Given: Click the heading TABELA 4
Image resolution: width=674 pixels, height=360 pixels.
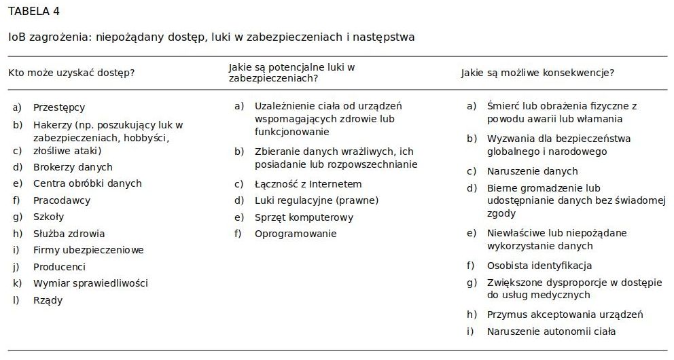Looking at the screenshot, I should coord(34,12).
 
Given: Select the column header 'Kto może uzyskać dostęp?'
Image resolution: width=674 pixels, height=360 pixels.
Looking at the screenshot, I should coord(71,73).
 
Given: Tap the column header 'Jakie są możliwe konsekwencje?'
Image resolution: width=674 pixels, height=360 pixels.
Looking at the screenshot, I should coord(537,73).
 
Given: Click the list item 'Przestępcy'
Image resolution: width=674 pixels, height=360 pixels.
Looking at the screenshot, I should coord(59,107).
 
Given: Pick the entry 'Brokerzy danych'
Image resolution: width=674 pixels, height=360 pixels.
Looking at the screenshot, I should coord(73,167).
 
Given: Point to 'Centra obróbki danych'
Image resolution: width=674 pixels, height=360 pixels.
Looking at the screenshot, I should coord(87,183).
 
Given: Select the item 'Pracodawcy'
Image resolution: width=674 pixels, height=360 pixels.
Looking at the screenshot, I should coord(62,200).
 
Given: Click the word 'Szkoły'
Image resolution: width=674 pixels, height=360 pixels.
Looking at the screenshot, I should coord(49,217).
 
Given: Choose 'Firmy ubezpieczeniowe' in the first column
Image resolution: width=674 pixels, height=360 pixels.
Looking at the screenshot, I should coord(88,250).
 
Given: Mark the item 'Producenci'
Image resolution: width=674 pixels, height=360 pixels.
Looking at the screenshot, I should coord(59,267).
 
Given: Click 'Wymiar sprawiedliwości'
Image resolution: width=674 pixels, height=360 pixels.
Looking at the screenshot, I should coord(90,283).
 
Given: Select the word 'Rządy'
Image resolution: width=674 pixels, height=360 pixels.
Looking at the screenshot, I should coord(48,300).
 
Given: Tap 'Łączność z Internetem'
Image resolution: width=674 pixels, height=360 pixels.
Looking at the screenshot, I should coord(308,184).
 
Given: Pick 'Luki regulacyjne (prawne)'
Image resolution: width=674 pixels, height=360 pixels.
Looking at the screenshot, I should coord(317,200).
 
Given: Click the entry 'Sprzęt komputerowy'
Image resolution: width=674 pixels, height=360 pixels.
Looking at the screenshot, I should coord(304,217).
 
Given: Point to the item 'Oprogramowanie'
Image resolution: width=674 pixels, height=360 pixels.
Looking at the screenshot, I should coord(296,234).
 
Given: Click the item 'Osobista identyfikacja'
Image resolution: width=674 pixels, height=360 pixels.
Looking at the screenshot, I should coord(539,266).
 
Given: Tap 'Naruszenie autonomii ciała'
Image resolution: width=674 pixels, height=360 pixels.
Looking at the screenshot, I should coord(551,331).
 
